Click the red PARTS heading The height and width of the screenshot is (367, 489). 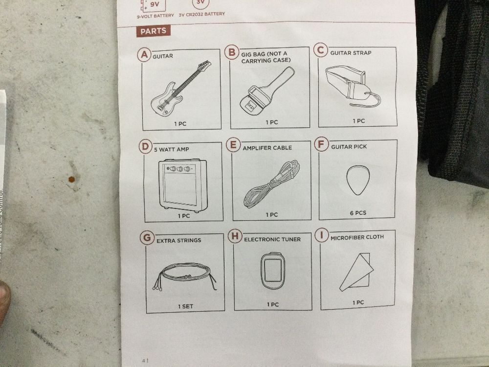coord(153,31)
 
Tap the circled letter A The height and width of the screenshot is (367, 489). coord(144,55)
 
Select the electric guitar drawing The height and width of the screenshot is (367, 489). coord(180,88)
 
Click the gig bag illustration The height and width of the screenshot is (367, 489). coord(267,91)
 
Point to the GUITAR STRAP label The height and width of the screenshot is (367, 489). coord(351,53)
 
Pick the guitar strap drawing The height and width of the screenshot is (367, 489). coord(353,86)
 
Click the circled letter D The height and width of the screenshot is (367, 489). coord(145,147)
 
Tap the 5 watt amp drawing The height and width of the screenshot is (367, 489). coord(183,185)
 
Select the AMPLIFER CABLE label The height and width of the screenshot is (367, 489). coord(267,148)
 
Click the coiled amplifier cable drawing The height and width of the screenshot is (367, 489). coord(271,184)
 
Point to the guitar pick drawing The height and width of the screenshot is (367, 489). coord(358,180)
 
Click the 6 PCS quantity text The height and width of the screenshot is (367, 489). coord(358,213)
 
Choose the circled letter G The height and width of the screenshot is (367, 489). coord(147,238)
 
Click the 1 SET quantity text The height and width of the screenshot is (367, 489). coord(185,306)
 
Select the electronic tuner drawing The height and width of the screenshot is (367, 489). coord(273,270)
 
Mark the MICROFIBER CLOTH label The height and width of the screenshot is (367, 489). coord(357,237)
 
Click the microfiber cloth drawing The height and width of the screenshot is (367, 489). coord(356,272)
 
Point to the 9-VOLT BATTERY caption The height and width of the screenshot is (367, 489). coord(156,15)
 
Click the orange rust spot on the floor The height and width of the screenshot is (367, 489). coord(72,179)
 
